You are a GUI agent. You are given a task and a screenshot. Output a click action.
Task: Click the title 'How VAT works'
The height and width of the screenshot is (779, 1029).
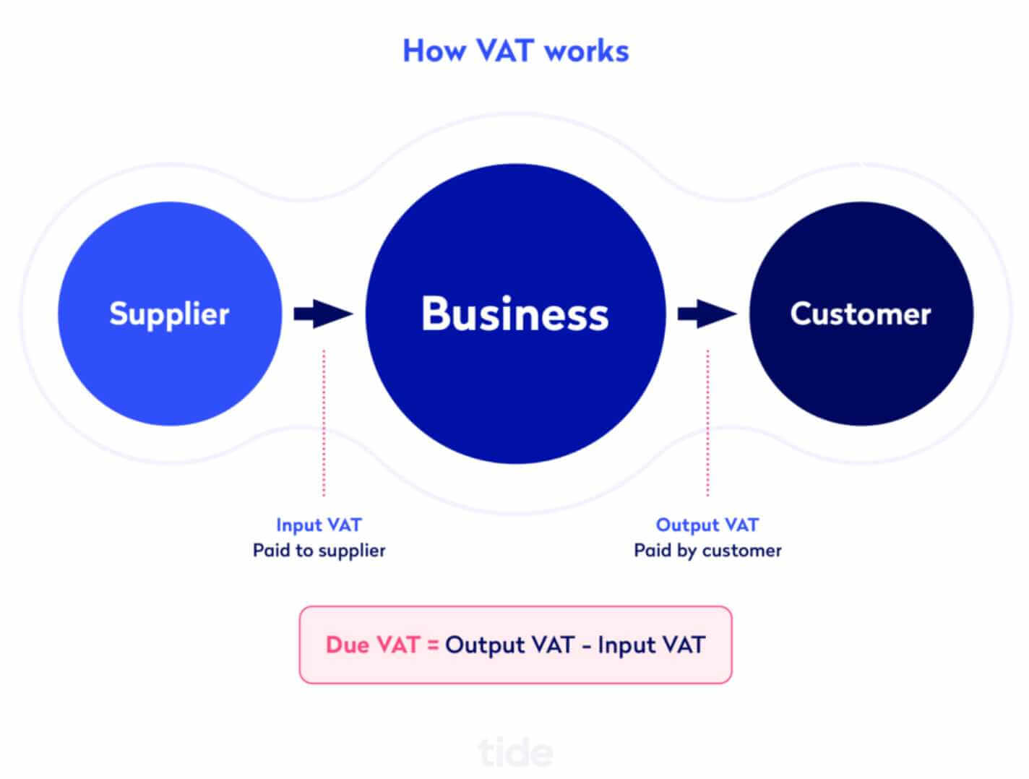[x=516, y=51]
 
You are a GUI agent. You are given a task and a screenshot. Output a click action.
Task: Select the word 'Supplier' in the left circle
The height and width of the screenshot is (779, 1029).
[x=169, y=315]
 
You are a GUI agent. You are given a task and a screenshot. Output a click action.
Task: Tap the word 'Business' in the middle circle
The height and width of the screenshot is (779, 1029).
[x=515, y=314]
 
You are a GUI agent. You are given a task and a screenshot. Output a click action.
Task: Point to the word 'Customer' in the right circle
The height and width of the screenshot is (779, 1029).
[x=861, y=314]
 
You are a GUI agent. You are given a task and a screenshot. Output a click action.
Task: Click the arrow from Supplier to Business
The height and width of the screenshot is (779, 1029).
[x=324, y=314]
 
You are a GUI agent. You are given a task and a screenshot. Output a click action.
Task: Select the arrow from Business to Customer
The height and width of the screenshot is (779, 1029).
[x=707, y=314]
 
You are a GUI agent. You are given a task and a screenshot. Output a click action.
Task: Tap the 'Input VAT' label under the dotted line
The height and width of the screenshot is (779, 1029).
[x=319, y=525]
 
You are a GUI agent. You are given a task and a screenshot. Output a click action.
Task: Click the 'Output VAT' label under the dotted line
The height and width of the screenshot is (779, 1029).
[x=707, y=525]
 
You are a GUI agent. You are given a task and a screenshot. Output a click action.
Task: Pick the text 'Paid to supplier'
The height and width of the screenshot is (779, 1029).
[x=319, y=551]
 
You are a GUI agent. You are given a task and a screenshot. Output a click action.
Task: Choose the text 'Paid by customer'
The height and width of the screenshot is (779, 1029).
[x=707, y=551]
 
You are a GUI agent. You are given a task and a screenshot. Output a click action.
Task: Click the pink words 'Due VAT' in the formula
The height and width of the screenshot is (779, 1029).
[x=373, y=645]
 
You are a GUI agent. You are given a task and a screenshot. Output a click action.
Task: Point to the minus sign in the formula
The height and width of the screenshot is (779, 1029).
[x=586, y=647]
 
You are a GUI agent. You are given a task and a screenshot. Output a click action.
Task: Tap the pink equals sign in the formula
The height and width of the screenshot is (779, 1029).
[x=433, y=645]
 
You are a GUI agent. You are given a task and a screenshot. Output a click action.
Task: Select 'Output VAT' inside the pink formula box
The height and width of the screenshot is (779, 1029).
[x=509, y=646]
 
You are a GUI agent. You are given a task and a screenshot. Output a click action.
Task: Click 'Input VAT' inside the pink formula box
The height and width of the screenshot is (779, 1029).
[x=652, y=646]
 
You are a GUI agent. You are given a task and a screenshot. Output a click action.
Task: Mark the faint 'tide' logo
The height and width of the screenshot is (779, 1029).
[x=516, y=753]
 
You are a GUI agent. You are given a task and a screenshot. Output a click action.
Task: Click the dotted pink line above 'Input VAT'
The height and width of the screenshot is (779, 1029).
[x=324, y=422]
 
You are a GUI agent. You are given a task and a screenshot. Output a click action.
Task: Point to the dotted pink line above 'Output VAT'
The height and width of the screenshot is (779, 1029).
[x=707, y=422]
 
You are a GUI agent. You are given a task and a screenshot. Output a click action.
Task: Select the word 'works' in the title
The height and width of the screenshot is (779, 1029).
[x=587, y=51]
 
